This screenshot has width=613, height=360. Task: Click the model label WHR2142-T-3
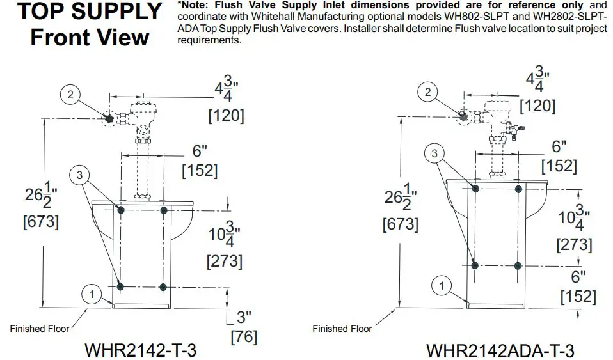(140, 350)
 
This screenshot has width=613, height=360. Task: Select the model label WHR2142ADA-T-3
(500, 350)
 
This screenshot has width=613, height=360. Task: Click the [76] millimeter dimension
(244, 336)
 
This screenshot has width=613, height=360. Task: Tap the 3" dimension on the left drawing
(244, 317)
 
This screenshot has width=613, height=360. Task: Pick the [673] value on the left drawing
(41, 222)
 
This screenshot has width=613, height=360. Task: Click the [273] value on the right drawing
(575, 245)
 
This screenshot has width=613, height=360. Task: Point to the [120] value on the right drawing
(537, 106)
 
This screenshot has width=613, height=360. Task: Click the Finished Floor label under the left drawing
(40, 329)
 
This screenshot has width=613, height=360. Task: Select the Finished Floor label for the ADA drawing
(342, 329)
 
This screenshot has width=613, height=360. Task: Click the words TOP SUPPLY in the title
(90, 12)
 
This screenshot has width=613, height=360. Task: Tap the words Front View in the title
(90, 38)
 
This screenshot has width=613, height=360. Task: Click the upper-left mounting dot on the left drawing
(121, 210)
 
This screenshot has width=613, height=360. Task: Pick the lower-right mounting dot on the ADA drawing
(518, 266)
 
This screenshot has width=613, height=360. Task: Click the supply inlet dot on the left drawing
(109, 118)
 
